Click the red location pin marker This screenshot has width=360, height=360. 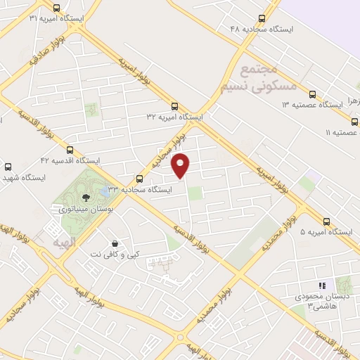tap(181, 165)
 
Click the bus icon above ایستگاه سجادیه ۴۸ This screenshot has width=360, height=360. tap(262, 19)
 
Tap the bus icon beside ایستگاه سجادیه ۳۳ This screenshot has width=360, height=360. tap(139, 179)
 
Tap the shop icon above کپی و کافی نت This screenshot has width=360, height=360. tap(115, 243)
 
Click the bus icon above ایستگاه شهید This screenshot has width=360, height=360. tap(8, 167)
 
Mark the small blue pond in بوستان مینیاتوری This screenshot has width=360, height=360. tap(105, 191)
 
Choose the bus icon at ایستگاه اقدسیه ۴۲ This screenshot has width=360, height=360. tap(70, 149)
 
